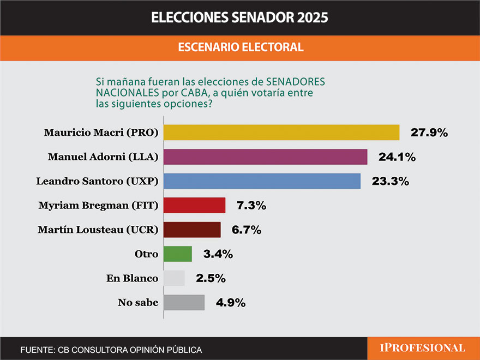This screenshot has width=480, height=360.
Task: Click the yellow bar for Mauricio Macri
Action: click(281, 133)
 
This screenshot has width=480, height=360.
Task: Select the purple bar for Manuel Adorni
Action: click(265, 157)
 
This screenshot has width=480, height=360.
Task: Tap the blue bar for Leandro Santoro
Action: click(262, 181)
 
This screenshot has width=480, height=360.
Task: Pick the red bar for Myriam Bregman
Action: click(194, 206)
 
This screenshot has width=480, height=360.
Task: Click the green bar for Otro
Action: click(178, 254)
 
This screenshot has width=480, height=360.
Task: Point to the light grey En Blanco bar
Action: click(174, 278)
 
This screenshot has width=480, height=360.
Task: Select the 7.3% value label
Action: click(250, 206)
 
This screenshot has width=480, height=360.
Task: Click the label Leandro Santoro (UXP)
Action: click(97, 181)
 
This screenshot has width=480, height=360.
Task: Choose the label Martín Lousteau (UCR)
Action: click(98, 230)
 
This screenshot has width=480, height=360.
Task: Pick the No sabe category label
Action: click(138, 302)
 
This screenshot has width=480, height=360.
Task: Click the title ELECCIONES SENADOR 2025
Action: click(239, 17)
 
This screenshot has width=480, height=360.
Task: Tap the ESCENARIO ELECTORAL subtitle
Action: click(240, 47)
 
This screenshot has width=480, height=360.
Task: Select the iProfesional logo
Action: click(423, 348)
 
